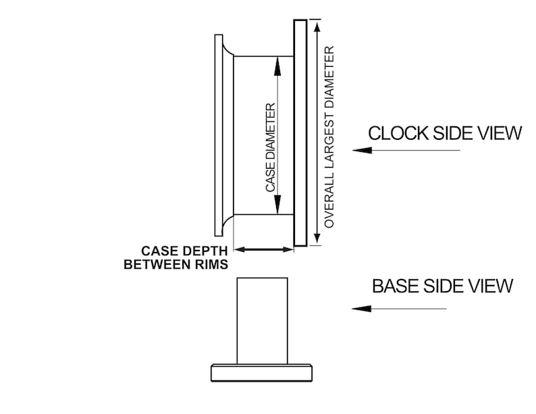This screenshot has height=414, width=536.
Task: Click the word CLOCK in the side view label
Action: (398, 133)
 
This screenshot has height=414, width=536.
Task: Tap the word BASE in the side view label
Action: (396, 286)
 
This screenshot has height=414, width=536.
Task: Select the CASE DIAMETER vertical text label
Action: (271, 147)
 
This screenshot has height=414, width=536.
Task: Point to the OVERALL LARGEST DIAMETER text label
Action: (329, 136)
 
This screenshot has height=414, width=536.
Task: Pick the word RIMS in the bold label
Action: (213, 264)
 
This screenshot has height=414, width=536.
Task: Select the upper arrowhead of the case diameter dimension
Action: (277, 66)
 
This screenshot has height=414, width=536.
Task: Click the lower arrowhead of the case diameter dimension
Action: (277, 205)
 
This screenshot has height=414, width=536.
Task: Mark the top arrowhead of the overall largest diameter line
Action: (317, 27)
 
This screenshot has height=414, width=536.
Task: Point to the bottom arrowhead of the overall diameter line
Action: (317, 237)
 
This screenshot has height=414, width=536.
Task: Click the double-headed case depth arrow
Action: (263, 250)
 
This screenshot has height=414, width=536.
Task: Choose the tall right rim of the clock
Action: (300, 132)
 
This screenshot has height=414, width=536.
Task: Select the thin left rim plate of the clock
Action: (219, 135)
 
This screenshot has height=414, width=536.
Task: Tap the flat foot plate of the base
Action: (261, 373)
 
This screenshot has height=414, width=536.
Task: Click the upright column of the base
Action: (262, 321)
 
